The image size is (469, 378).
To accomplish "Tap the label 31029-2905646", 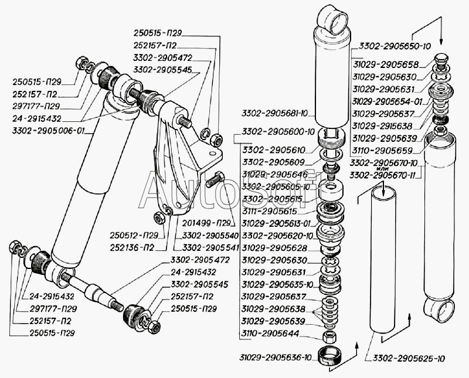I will (x=275, y=174).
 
